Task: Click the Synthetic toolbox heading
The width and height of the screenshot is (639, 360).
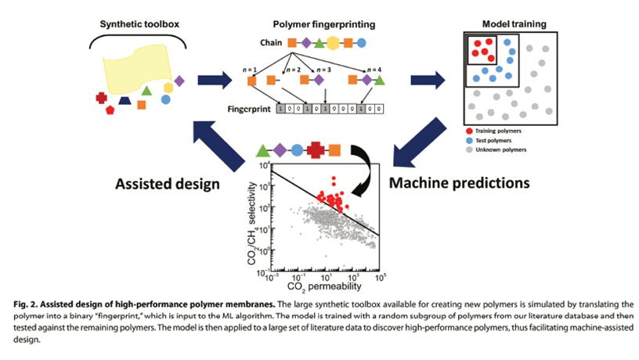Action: point(139,24)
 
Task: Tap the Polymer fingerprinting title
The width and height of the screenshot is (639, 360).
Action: point(324,24)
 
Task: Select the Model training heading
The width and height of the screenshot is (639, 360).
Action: point(514,24)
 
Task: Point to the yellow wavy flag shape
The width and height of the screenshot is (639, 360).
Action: point(137,68)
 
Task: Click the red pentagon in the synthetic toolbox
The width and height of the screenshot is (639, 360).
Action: point(110,110)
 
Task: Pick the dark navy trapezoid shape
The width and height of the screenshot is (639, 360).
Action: point(125,100)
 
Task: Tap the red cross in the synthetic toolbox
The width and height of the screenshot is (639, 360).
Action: point(102,98)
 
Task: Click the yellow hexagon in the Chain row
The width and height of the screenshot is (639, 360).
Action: point(333,43)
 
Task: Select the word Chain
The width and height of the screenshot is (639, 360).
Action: point(271,43)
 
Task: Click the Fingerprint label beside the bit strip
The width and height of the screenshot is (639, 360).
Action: point(249,109)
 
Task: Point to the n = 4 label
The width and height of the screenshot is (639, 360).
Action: point(374,70)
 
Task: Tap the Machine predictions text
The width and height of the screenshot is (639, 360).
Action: point(459,183)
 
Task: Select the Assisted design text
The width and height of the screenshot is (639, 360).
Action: point(168,184)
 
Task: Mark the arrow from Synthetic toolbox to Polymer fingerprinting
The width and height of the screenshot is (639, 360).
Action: point(215,80)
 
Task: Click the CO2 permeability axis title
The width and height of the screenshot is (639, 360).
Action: point(324,286)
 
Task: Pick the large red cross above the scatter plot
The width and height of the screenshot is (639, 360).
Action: point(316,150)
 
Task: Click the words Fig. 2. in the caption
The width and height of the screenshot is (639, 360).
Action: point(25,304)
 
